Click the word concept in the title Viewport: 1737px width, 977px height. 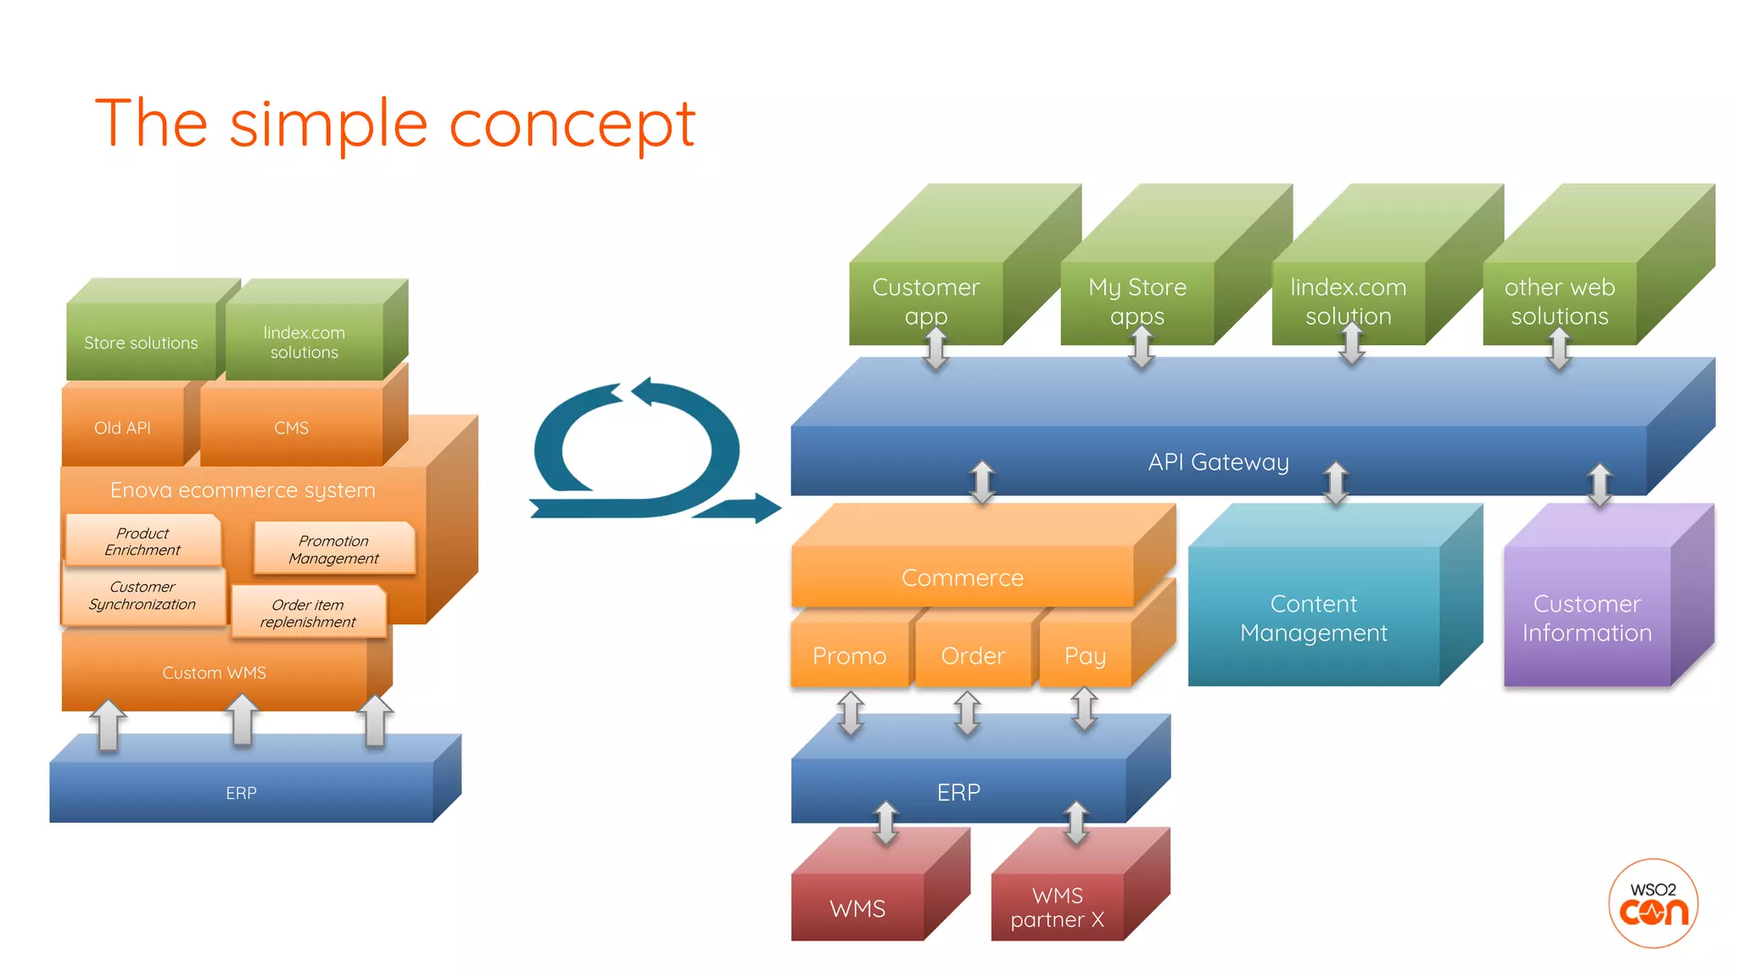click(572, 126)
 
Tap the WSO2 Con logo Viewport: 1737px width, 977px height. click(1652, 903)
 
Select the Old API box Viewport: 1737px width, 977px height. click(123, 427)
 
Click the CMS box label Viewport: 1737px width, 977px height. click(291, 427)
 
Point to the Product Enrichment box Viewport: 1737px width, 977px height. click(142, 541)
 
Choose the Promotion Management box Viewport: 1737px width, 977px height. click(333, 550)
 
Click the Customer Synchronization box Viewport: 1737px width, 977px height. click(142, 595)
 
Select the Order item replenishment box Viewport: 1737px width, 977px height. click(308, 613)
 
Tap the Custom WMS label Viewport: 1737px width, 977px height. click(214, 673)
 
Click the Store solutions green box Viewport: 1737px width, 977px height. click(141, 343)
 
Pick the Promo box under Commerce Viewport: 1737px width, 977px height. click(849, 656)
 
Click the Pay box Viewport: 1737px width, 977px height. click(1085, 656)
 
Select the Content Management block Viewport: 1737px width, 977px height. click(1313, 618)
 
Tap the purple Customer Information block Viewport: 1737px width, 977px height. click(1586, 618)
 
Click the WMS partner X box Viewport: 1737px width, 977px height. click(1057, 907)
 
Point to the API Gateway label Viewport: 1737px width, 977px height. click(1218, 462)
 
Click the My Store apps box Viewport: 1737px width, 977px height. click(1137, 301)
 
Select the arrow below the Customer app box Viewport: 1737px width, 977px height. click(936, 349)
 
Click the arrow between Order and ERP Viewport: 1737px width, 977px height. click(967, 712)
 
